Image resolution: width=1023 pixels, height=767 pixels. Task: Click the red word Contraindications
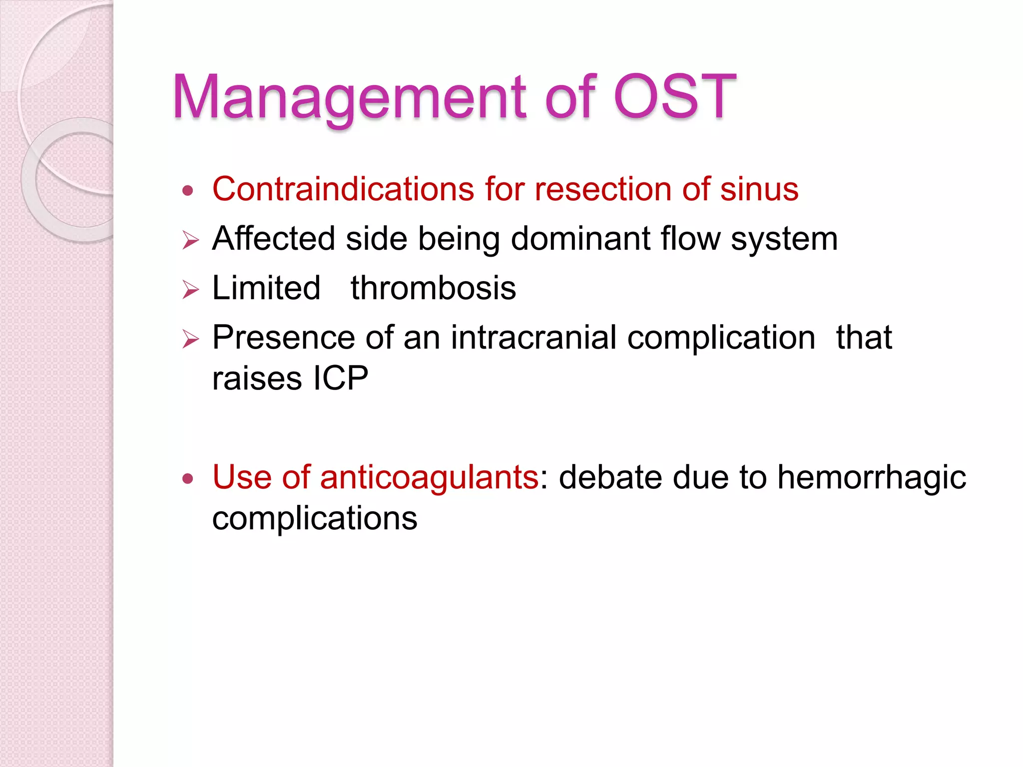coord(343,189)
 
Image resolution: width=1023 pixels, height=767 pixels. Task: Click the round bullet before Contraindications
coord(188,191)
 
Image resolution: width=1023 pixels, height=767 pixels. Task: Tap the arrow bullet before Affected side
coord(190,240)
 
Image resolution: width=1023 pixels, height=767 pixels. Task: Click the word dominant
coord(580,239)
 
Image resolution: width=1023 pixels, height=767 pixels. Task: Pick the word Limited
coord(266,288)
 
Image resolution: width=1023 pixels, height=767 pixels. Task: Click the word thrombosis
coord(433,288)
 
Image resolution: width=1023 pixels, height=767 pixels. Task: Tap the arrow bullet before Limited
coord(190,290)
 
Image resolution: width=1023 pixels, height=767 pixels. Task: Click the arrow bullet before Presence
coord(190,339)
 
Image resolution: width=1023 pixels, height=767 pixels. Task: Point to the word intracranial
coord(533,338)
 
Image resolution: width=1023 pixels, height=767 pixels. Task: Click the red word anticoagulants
coord(429,477)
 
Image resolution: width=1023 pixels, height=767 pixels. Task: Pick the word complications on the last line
coord(314,519)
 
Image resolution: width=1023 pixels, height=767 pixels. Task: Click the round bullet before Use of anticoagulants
coord(188,479)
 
